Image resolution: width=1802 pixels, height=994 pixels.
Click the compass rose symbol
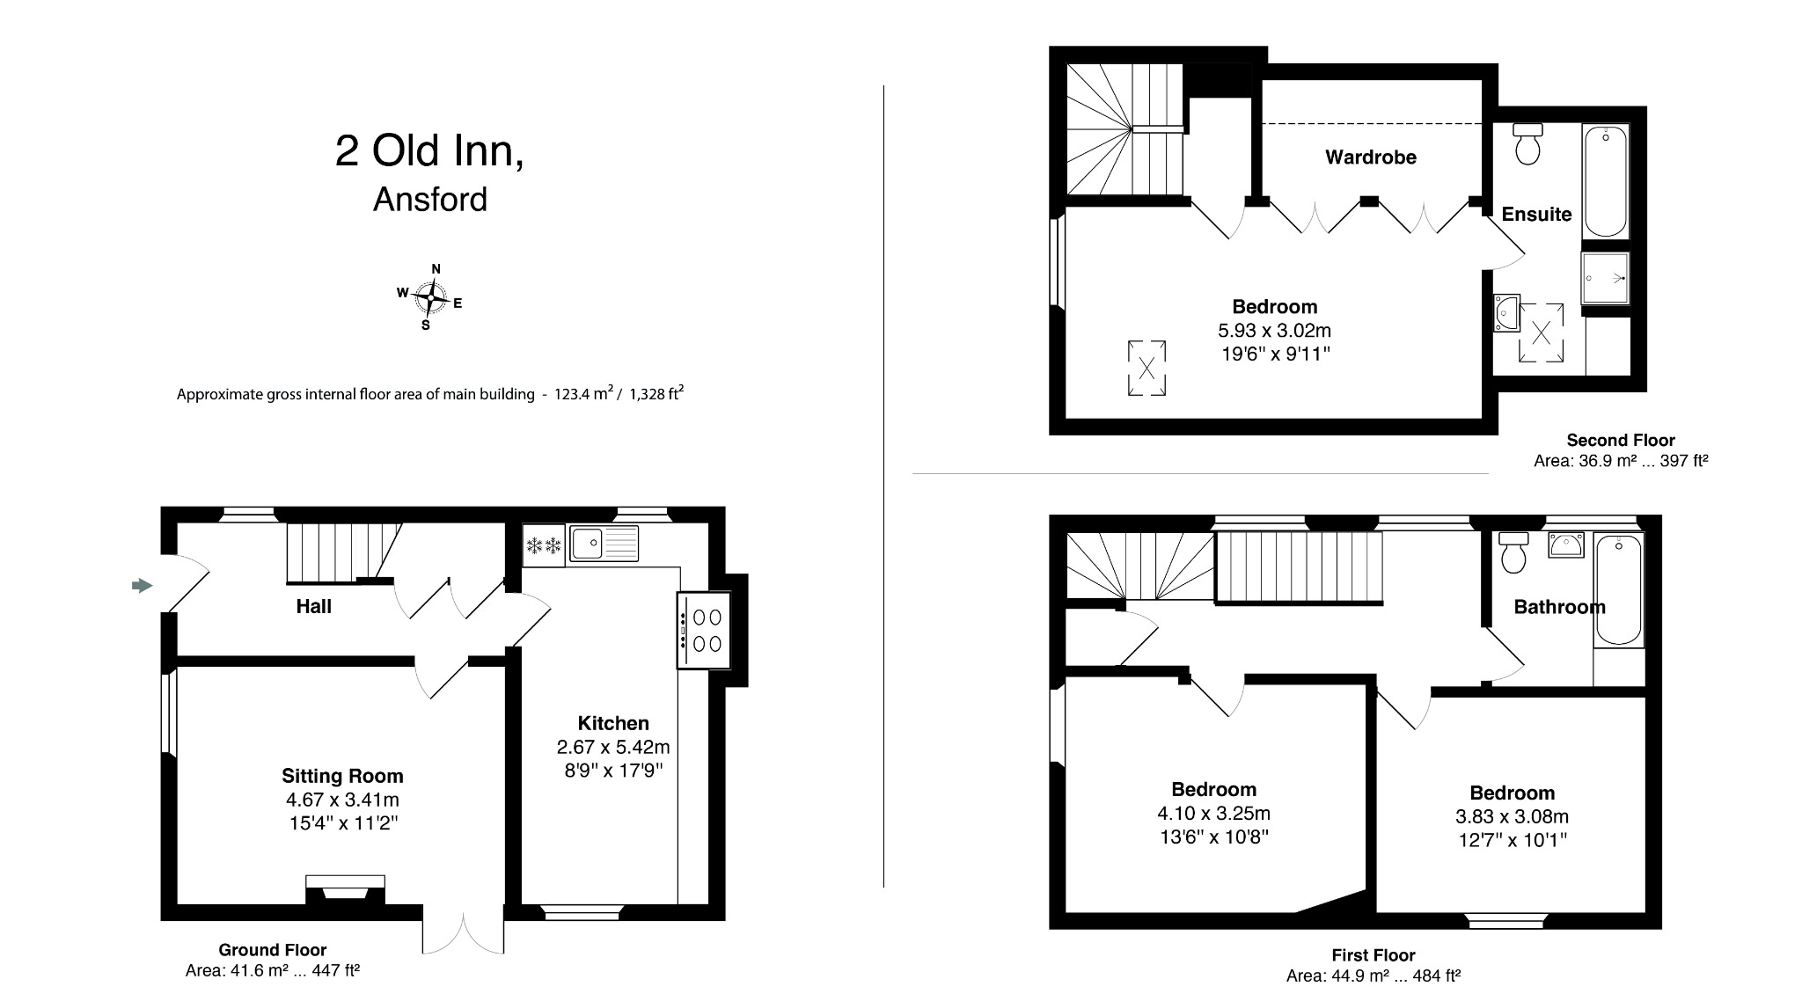tap(430, 299)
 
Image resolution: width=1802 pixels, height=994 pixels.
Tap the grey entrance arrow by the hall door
tap(142, 585)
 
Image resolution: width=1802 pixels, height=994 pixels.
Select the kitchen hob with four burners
tap(704, 631)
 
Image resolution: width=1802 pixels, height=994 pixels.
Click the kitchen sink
tap(603, 543)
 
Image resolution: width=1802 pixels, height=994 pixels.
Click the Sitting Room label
tap(342, 776)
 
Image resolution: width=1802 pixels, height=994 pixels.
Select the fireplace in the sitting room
tap(345, 889)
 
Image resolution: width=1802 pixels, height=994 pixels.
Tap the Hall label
tap(313, 606)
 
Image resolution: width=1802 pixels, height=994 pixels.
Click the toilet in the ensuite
tap(1528, 145)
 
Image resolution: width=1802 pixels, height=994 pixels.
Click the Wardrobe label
tap(1370, 157)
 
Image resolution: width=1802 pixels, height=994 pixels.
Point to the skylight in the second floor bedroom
tap(1146, 369)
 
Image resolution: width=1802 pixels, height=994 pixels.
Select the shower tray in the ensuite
tap(1606, 278)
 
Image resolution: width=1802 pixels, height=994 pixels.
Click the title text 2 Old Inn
tap(429, 151)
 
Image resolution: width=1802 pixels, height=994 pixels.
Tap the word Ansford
tap(429, 200)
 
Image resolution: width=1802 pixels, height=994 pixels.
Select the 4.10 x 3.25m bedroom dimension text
tap(1213, 814)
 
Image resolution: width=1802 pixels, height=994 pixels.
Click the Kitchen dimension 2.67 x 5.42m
tap(612, 748)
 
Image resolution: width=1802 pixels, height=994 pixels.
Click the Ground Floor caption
tap(272, 950)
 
